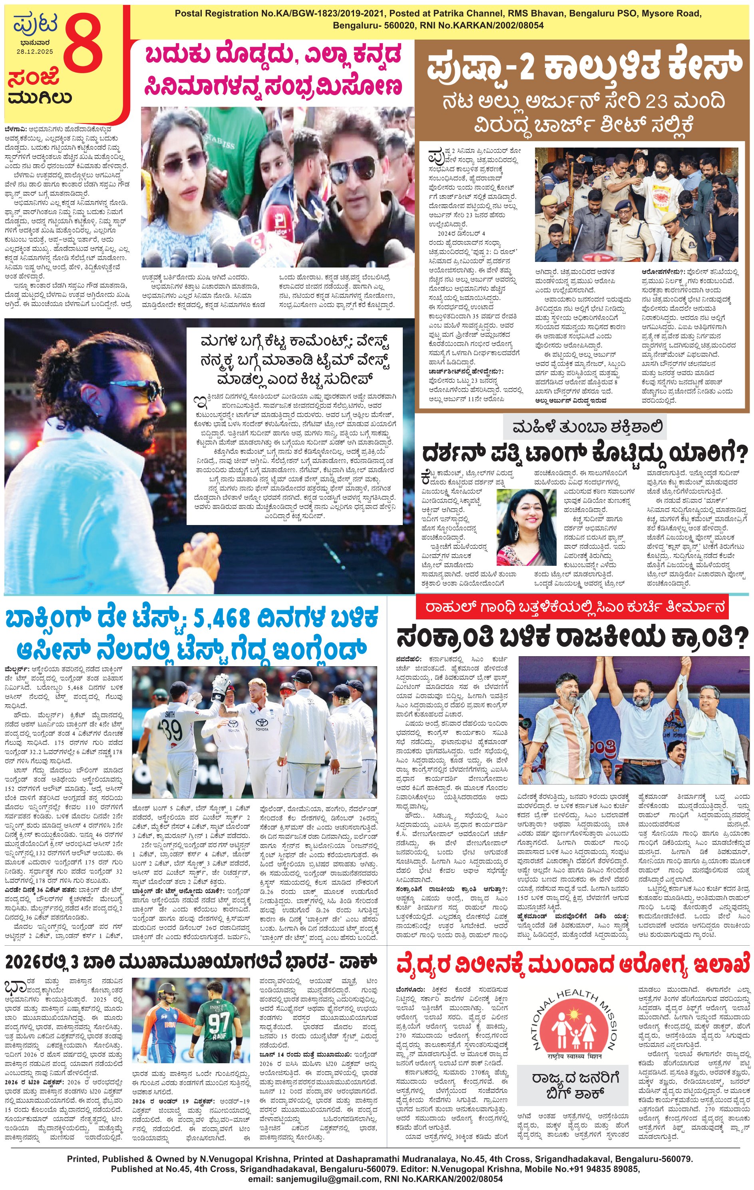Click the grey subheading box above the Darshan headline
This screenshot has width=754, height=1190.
pos(584,427)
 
